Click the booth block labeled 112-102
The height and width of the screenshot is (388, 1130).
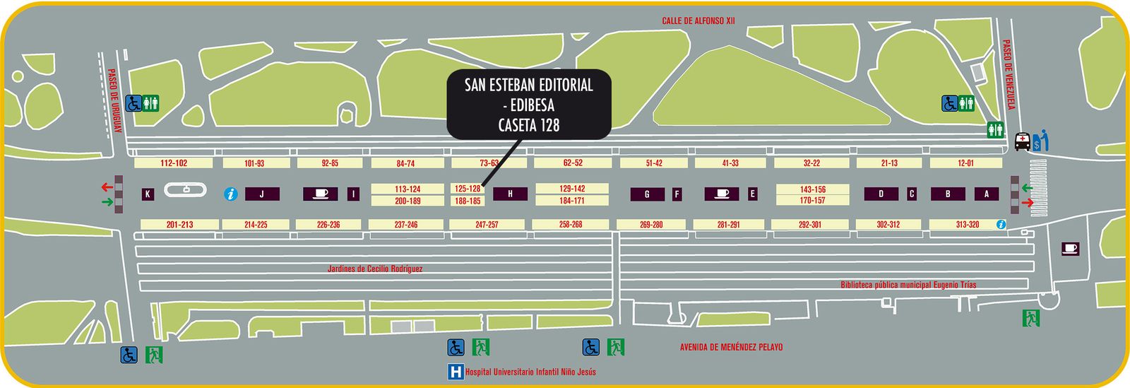[173, 163]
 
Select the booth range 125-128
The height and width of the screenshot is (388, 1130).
[468, 189]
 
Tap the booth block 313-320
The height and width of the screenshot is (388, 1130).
[967, 224]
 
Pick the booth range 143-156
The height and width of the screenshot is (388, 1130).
[812, 189]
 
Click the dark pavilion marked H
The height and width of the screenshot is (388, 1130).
[510, 194]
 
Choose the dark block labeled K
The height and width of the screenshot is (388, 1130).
[148, 194]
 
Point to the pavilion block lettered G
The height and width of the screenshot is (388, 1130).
[647, 194]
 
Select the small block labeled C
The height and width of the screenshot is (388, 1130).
[912, 194]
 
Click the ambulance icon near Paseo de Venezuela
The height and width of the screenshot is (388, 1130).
[1021, 141]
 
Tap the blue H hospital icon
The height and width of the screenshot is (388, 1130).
[456, 372]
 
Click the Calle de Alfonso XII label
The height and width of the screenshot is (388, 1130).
[698, 21]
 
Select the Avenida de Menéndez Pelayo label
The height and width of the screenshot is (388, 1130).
[731, 347]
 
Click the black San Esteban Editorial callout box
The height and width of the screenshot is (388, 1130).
[529, 105]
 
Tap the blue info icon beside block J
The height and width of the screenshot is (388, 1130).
[230, 194]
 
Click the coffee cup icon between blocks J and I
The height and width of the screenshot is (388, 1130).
[320, 194]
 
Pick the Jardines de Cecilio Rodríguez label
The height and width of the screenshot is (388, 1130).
[374, 269]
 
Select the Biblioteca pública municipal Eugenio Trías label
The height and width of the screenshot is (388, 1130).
[908, 285]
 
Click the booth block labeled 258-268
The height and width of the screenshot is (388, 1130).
[571, 224]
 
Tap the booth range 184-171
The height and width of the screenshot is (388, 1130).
[572, 201]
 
